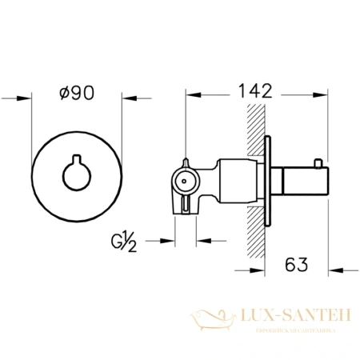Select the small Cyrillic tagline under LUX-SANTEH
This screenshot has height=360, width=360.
tap(290, 330)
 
